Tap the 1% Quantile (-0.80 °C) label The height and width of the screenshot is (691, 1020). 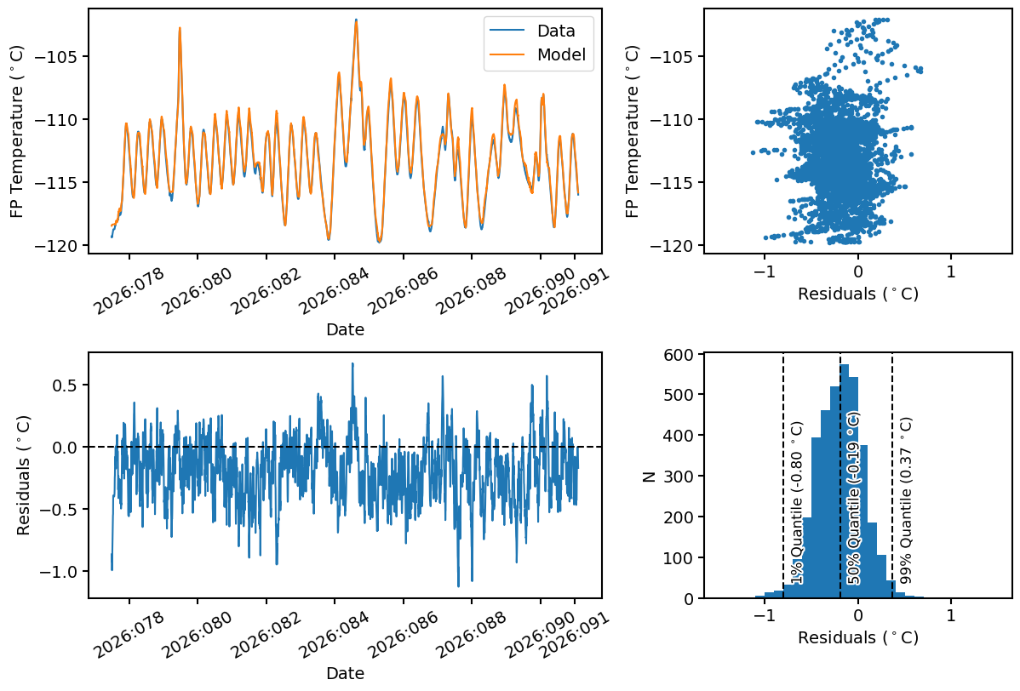click(797, 502)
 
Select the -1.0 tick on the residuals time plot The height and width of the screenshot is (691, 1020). click(63, 571)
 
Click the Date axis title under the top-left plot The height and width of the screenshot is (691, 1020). click(345, 330)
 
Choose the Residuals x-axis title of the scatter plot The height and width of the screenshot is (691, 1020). click(857, 294)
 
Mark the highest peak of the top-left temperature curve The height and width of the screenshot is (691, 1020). click(356, 20)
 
